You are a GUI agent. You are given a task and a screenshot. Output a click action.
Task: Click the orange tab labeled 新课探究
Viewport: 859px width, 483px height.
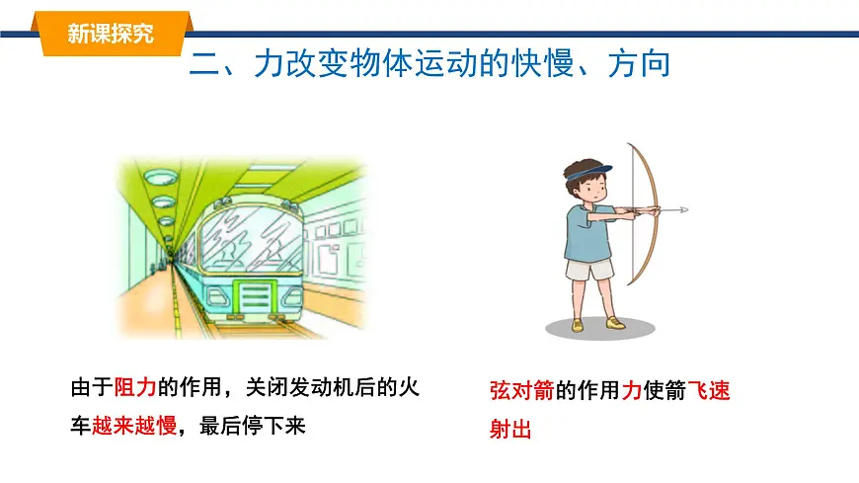pos(112,34)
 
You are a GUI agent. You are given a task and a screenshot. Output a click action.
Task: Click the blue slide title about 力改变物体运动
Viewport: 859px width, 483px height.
pos(429,64)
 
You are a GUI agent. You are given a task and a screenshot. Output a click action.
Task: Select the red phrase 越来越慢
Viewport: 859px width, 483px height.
pos(133,426)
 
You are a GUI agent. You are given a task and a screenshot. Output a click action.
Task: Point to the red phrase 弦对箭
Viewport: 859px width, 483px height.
pos(522,390)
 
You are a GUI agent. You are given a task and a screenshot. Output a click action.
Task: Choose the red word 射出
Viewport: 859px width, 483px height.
pos(510,430)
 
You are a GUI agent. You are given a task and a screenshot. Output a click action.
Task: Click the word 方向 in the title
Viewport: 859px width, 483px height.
pos(640,64)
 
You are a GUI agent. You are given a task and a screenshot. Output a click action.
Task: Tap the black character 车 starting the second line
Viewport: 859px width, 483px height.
pos(80,426)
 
